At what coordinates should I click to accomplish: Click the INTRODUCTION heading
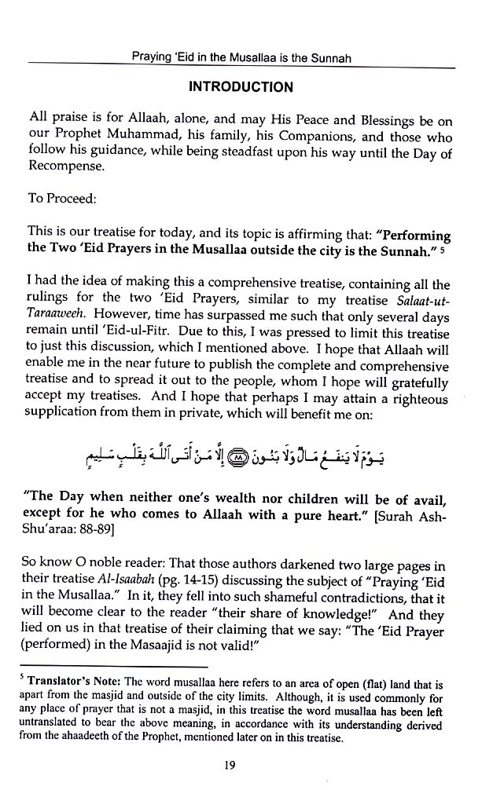click(241, 87)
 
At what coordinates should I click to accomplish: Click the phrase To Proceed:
click(62, 199)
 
